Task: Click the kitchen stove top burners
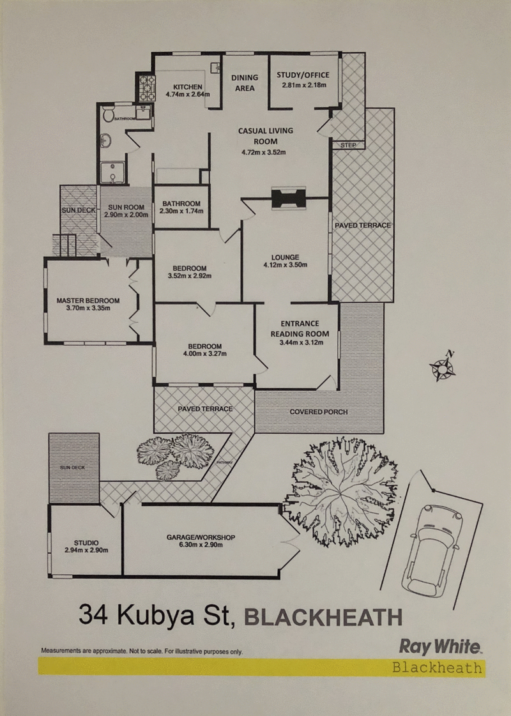[146, 87]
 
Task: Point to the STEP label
[348, 145]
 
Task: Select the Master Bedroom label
[88, 300]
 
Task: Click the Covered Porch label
[319, 412]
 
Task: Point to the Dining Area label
[244, 82]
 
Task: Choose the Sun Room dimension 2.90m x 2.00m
[127, 216]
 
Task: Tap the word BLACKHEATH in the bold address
[324, 617]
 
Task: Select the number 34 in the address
[93, 616]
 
